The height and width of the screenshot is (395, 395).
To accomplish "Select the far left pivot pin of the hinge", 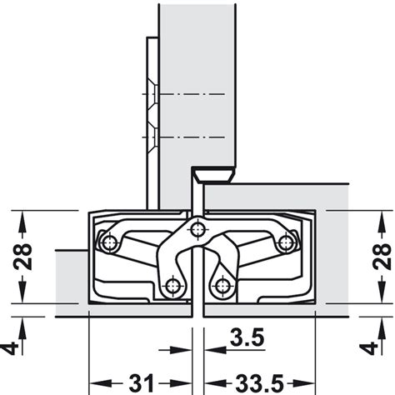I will (106, 242).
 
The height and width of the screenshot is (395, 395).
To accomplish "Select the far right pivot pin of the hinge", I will (286, 242).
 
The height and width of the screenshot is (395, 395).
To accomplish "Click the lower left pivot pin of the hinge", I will (171, 287).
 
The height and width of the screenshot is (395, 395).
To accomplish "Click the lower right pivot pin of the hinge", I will (222, 287).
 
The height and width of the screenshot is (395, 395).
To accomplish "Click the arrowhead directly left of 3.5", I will (185, 350).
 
